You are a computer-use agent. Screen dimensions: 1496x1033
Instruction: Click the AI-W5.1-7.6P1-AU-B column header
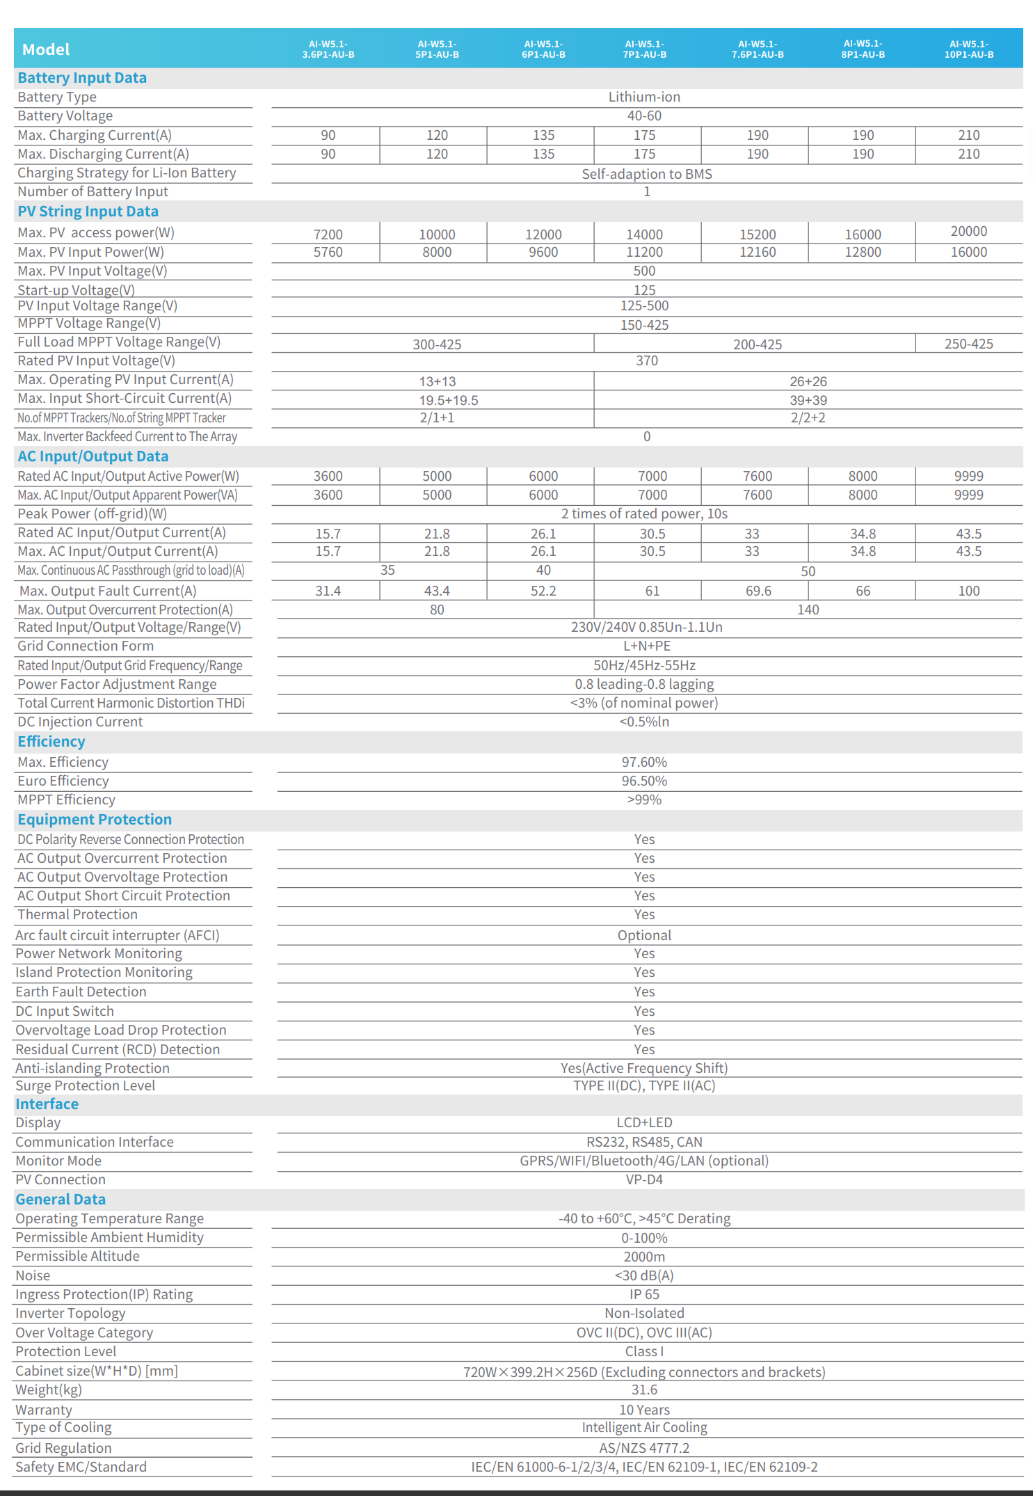point(758,49)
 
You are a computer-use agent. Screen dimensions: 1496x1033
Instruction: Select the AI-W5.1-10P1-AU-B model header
point(968,49)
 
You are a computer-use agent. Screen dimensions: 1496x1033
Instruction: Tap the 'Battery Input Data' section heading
point(82,78)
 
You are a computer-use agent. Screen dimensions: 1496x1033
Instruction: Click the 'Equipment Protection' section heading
point(95,820)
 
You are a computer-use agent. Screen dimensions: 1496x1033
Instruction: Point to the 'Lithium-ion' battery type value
point(644,97)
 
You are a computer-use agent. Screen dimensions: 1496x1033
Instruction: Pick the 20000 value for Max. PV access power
point(968,231)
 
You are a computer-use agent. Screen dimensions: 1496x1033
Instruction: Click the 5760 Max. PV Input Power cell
point(328,252)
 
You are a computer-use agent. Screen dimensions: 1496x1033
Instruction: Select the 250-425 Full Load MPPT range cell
point(968,344)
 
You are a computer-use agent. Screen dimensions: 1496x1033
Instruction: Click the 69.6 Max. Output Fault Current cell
point(758,591)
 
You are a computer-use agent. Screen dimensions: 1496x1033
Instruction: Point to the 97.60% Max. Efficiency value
point(644,762)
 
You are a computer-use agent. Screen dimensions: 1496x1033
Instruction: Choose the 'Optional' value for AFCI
point(644,935)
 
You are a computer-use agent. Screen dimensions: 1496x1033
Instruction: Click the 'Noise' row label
point(33,1275)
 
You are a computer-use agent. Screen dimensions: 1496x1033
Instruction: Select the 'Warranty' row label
point(44,1410)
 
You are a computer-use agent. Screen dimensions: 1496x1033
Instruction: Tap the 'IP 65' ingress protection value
point(644,1294)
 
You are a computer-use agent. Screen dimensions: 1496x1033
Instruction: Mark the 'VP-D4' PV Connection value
point(644,1179)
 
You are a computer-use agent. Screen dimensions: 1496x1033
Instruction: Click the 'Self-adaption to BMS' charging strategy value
point(647,174)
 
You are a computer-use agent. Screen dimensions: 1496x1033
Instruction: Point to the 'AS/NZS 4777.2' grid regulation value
point(644,1448)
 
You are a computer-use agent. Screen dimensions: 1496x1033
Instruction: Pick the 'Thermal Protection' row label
point(77,914)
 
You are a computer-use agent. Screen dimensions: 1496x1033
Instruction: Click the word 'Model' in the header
point(46,49)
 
